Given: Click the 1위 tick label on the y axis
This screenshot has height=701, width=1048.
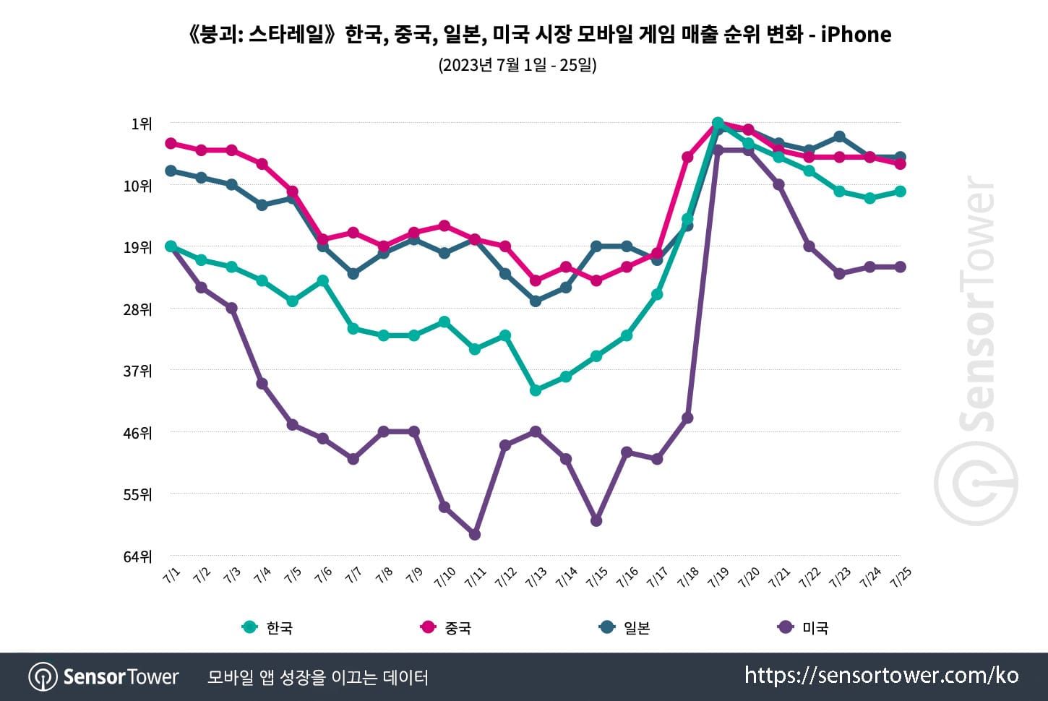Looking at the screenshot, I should coord(141,124).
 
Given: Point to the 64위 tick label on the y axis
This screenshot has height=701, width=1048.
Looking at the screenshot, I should coord(137,556).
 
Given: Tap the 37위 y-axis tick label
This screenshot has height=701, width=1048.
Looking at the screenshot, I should coord(137,371).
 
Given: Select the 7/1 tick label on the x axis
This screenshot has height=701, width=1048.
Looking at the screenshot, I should coord(172,575).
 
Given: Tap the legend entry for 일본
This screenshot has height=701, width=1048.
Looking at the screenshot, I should coord(625,627).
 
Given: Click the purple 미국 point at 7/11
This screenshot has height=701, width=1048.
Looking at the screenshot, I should coord(475,535).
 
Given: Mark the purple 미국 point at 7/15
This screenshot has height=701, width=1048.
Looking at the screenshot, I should coord(596,521).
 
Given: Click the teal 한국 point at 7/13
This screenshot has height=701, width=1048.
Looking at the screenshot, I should coord(536,390).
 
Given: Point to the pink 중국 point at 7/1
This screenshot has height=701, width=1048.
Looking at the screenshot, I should coord(171,143).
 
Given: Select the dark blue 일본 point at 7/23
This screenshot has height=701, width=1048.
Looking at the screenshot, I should coord(839,137).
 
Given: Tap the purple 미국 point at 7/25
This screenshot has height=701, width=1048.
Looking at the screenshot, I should coord(901,267).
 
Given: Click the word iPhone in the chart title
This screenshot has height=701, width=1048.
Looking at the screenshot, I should coord(856,35).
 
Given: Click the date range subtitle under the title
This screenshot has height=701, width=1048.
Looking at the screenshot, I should coord(517,65).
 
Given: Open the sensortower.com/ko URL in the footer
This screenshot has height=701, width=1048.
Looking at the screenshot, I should coord(881,676).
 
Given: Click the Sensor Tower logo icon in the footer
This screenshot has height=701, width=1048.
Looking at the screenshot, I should coord(43,677).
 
